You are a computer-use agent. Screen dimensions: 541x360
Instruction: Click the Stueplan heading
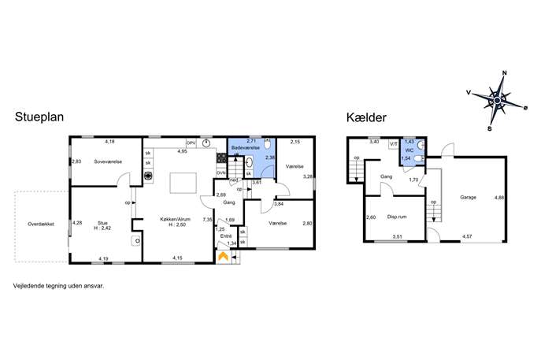coord(39,117)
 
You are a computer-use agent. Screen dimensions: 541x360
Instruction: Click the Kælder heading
coord(366,117)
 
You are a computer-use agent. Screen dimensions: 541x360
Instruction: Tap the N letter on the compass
coord(505,72)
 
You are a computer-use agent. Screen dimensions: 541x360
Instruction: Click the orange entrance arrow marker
coord(223,256)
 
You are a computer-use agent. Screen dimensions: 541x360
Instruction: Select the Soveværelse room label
coord(108,161)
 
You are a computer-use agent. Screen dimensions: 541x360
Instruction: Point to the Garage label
coord(468,198)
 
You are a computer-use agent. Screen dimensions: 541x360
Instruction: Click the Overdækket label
coord(41,224)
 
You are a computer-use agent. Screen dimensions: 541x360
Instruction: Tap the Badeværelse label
coord(246,148)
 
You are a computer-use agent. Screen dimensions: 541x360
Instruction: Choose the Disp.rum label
coord(397,217)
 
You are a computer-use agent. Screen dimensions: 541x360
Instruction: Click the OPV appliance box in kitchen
coord(191,143)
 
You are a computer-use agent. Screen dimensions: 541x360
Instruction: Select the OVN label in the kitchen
coord(220,173)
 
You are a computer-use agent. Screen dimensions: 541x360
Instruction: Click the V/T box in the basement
coord(393,144)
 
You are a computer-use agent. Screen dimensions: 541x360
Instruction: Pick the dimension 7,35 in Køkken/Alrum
coord(207,220)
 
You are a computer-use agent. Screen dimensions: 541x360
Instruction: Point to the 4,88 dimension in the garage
coord(499,198)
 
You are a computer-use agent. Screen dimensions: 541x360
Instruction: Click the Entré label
coord(226,236)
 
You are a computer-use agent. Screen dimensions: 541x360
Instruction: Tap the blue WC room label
coord(409,150)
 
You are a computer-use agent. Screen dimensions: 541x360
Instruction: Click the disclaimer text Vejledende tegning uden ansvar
coord(58,286)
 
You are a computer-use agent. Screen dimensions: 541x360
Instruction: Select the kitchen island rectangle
coord(183,184)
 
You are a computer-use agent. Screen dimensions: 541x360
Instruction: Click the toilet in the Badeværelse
coord(267,144)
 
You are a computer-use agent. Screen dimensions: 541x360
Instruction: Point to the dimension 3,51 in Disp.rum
coord(398,236)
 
